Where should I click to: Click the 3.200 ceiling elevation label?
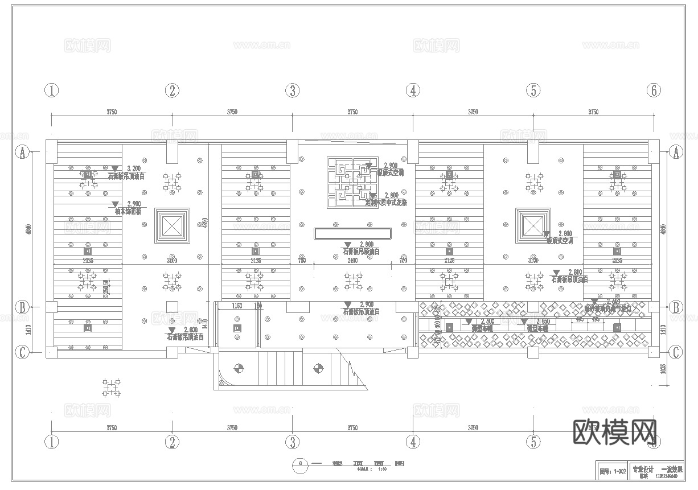tap(134, 168)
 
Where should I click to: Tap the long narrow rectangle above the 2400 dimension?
tap(353, 233)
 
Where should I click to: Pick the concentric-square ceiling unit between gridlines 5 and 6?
tap(533, 226)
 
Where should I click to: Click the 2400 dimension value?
tap(353, 261)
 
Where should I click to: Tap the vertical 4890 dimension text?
tap(206, 223)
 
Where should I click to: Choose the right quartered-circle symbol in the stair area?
tap(318, 368)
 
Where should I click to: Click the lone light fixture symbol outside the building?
tap(112, 388)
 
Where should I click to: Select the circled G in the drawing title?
tap(299, 463)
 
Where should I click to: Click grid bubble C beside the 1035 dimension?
tap(676, 352)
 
